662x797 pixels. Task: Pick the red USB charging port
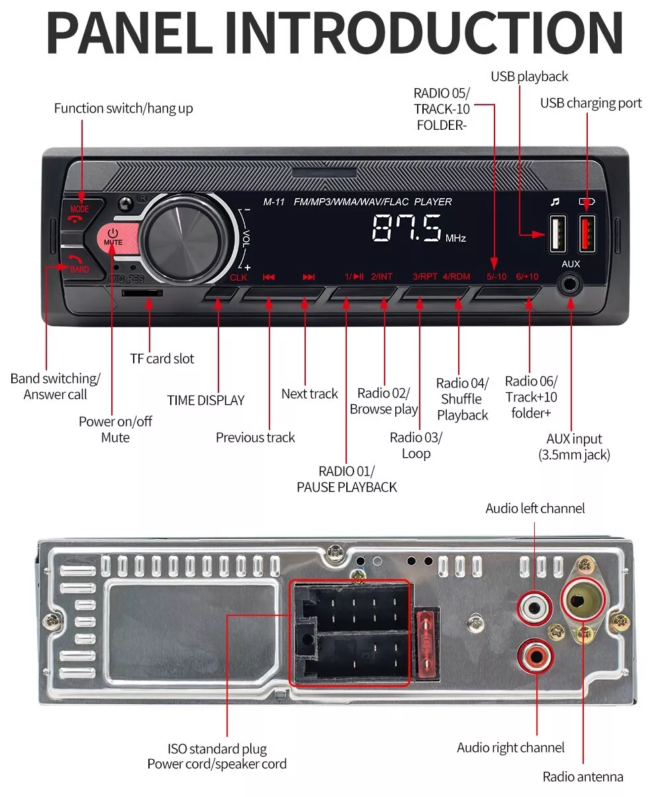point(587,234)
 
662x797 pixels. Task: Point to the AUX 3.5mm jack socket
point(569,286)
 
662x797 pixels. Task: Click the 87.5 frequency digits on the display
point(406,230)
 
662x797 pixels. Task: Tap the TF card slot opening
point(143,292)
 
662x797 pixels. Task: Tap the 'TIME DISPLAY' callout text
point(205,400)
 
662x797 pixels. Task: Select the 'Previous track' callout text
point(255,437)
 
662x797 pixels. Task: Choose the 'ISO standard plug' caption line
point(216,749)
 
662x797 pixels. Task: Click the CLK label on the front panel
point(238,278)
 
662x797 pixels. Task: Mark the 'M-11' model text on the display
point(273,202)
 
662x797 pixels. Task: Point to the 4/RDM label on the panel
point(456,276)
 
